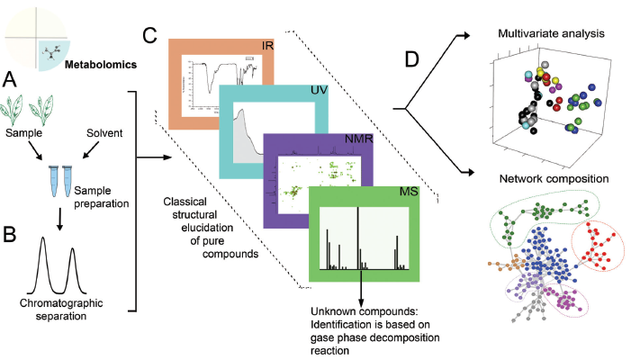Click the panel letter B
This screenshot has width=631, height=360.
(x=12, y=237)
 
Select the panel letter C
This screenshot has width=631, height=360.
(x=150, y=38)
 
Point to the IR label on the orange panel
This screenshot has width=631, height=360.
(x=266, y=45)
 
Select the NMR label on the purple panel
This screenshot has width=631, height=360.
(x=358, y=141)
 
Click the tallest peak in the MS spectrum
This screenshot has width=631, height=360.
(x=358, y=238)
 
